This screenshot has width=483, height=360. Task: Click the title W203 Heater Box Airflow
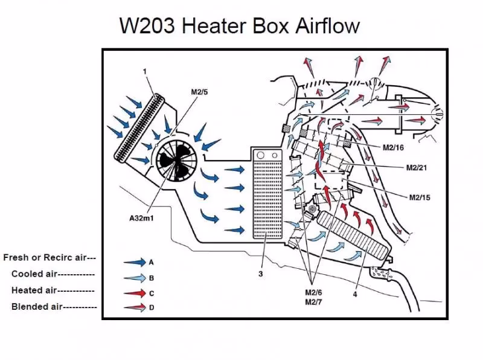pos(239,26)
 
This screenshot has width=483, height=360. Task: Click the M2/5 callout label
pos(200,92)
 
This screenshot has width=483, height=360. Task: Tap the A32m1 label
pos(141,218)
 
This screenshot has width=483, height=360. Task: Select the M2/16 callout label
pos(393,147)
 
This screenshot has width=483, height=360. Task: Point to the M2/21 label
pos(417,167)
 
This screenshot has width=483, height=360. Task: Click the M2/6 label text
pos(314,293)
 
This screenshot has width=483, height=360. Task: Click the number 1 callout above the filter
pos(145,72)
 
